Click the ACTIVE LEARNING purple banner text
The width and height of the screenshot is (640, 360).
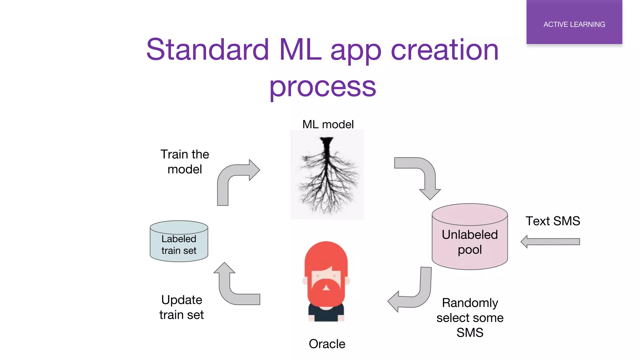tap(574, 24)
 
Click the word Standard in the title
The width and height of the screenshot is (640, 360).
tap(207, 50)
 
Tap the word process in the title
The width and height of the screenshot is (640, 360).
tap(322, 87)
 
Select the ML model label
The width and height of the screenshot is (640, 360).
tap(328, 124)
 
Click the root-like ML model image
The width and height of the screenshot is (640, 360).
tap(327, 175)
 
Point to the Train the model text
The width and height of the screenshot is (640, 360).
tap(185, 162)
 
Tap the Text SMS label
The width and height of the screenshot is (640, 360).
tap(552, 221)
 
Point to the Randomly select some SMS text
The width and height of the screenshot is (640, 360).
tap(470, 317)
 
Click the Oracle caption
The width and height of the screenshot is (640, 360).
tap(327, 344)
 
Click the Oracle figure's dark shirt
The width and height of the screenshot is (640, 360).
tap(326, 315)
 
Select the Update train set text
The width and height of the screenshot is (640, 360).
tap(182, 307)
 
